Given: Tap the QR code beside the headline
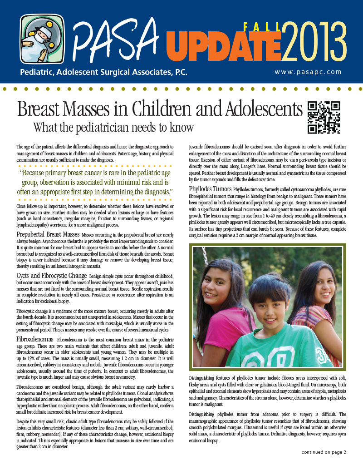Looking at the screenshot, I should pyautogui.click(x=324, y=117).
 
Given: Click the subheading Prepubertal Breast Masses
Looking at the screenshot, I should pyautogui.click(x=48, y=234).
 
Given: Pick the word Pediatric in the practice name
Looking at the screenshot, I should pyautogui.click(x=37, y=72).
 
